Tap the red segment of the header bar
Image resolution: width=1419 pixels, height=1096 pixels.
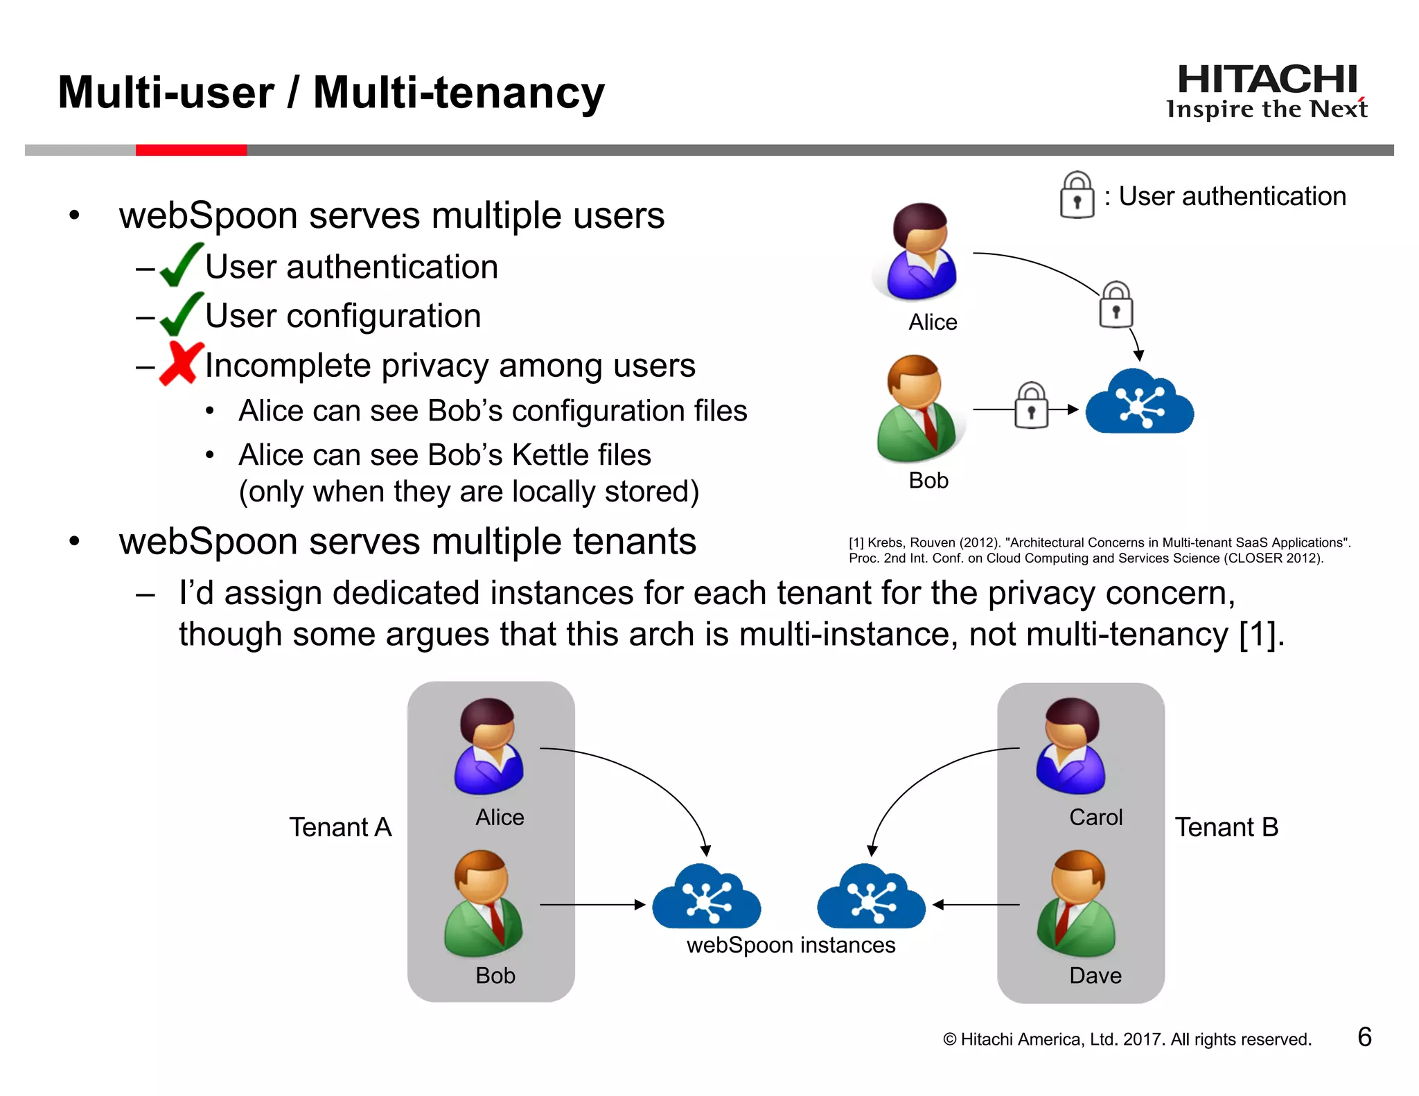pyautogui.click(x=191, y=150)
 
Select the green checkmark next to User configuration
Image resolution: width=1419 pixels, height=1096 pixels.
pyautogui.click(x=182, y=315)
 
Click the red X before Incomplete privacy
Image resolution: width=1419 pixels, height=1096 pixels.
pyautogui.click(x=181, y=363)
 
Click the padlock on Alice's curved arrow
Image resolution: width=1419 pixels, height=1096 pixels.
pyautogui.click(x=1116, y=305)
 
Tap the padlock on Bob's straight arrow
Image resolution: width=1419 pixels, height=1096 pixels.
pyautogui.click(x=1031, y=406)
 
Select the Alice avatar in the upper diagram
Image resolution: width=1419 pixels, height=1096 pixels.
pyautogui.click(x=919, y=252)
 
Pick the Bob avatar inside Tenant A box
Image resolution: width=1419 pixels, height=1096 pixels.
pyautogui.click(x=483, y=903)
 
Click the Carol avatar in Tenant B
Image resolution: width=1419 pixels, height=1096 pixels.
pyautogui.click(x=1070, y=747)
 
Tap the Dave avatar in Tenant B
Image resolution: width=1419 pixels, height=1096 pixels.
pyautogui.click(x=1076, y=903)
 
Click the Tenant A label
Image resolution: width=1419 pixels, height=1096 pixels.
pyautogui.click(x=340, y=827)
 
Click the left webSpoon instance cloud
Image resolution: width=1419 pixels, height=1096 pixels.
pyautogui.click(x=706, y=898)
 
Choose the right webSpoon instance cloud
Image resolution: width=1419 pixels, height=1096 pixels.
pyautogui.click(x=871, y=898)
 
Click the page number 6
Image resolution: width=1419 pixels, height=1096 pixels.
pyautogui.click(x=1364, y=1037)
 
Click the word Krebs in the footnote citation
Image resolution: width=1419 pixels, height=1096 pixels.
pyautogui.click(x=885, y=543)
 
